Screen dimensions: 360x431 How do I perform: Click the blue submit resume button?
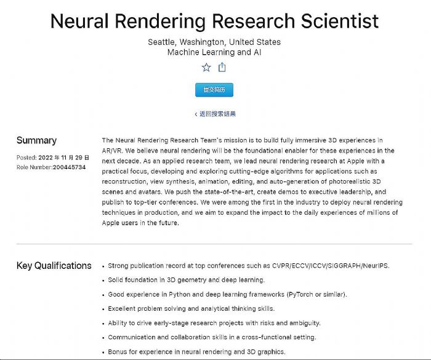(x=214, y=90)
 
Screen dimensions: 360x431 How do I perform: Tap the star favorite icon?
(x=206, y=68)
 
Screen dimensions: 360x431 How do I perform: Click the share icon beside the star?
(x=222, y=68)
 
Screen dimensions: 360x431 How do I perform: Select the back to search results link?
(x=215, y=114)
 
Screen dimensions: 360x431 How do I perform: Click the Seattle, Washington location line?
(x=214, y=42)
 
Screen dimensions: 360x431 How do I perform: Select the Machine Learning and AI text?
(x=214, y=52)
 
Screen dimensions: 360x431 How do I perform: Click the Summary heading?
(x=36, y=140)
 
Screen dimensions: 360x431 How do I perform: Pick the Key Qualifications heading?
(x=54, y=266)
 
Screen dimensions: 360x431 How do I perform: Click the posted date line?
(x=53, y=158)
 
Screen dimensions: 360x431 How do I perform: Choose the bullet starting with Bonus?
(x=196, y=351)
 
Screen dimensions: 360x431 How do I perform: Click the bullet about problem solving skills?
(x=191, y=308)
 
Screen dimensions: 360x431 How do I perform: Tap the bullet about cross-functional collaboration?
(x=212, y=337)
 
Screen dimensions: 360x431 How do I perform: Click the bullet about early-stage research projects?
(x=214, y=323)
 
